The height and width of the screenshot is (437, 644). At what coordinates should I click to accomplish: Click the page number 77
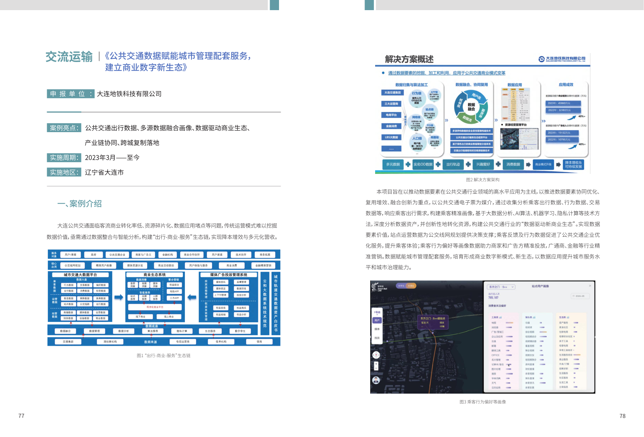point(21,416)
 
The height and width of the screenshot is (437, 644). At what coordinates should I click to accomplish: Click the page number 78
point(623,416)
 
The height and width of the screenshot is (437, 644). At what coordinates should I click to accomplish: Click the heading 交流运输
point(69,57)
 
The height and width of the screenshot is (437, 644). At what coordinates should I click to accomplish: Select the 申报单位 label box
point(71,94)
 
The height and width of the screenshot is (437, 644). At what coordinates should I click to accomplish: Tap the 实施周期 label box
point(64,158)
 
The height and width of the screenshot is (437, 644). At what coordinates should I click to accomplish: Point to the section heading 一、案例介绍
point(79,204)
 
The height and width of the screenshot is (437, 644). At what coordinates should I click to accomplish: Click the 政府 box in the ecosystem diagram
point(94,255)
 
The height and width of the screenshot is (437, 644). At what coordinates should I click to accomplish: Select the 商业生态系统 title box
point(155,274)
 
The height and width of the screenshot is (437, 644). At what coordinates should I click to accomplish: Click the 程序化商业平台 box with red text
point(155,307)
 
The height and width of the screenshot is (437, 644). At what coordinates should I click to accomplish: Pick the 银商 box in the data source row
point(259,342)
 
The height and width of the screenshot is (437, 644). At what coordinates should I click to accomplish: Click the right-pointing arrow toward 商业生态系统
point(118,298)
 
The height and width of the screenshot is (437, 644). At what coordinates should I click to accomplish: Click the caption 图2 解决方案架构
point(483,180)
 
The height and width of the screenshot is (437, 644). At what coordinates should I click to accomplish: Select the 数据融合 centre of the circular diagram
point(471,107)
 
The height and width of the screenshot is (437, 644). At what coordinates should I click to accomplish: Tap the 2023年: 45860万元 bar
point(563,103)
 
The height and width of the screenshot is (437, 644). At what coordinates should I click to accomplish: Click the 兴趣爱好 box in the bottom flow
point(483,164)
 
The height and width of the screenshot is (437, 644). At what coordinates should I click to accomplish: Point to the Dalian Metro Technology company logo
point(562,59)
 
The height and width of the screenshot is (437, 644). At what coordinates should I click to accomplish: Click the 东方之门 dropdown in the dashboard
point(501,287)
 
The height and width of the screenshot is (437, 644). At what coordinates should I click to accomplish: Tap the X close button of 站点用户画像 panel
point(590,286)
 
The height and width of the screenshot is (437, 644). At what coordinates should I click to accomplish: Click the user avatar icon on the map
point(376,380)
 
